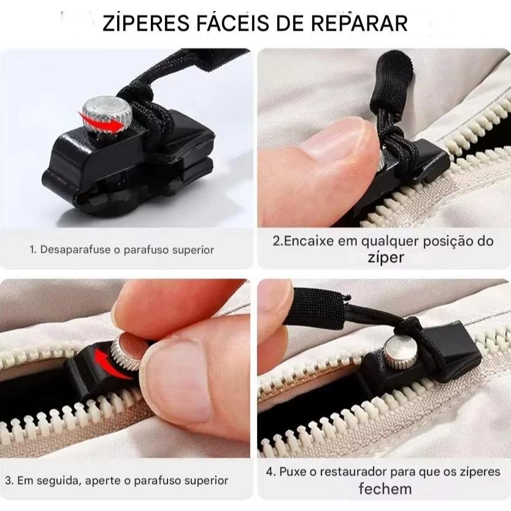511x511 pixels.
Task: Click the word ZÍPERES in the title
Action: [x=145, y=23]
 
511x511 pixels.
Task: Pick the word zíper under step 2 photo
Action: [x=386, y=258]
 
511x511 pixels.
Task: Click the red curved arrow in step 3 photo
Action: [x=111, y=363]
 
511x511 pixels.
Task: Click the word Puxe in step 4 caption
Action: [x=292, y=472]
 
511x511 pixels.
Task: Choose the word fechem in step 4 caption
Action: [x=385, y=489]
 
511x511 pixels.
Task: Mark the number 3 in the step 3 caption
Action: [x=9, y=480]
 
